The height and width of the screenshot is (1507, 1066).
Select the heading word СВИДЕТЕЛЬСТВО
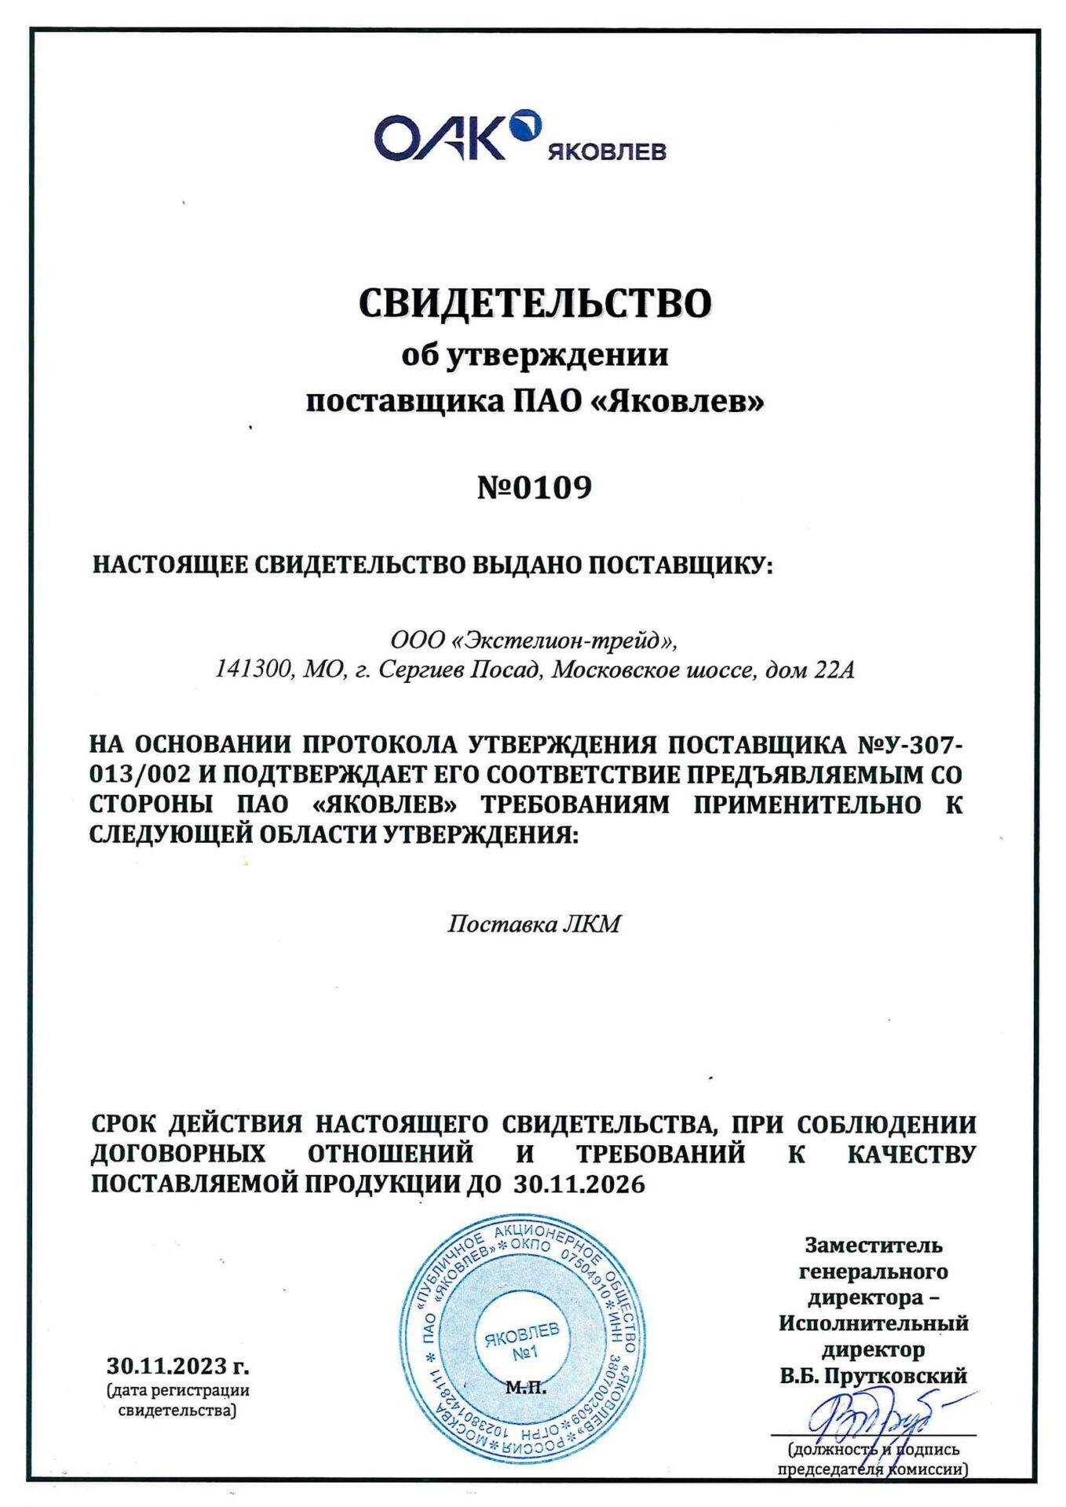pos(535,303)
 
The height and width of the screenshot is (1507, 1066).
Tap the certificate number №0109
pos(535,487)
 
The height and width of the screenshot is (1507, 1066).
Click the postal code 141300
pos(248,670)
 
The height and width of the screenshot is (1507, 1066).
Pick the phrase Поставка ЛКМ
pos(534,924)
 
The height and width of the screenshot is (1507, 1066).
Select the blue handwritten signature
pos(871,1419)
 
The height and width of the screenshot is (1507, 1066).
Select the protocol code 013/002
pos(141,774)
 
